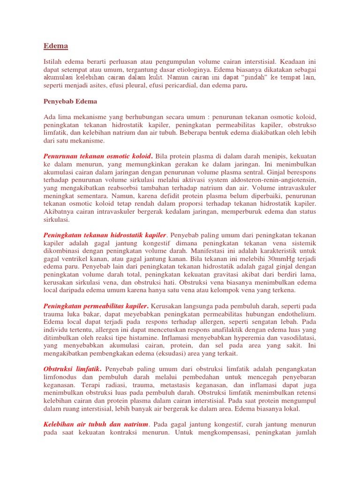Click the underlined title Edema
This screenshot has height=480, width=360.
pos(56,46)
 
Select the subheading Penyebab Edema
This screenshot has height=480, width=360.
pos(70,101)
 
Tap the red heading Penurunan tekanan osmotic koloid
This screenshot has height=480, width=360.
pos(97,156)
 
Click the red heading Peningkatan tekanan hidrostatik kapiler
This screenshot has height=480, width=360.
pos(105,234)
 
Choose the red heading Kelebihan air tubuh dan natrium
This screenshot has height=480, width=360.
pos(96,424)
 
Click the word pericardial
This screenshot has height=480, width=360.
pos(210,85)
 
